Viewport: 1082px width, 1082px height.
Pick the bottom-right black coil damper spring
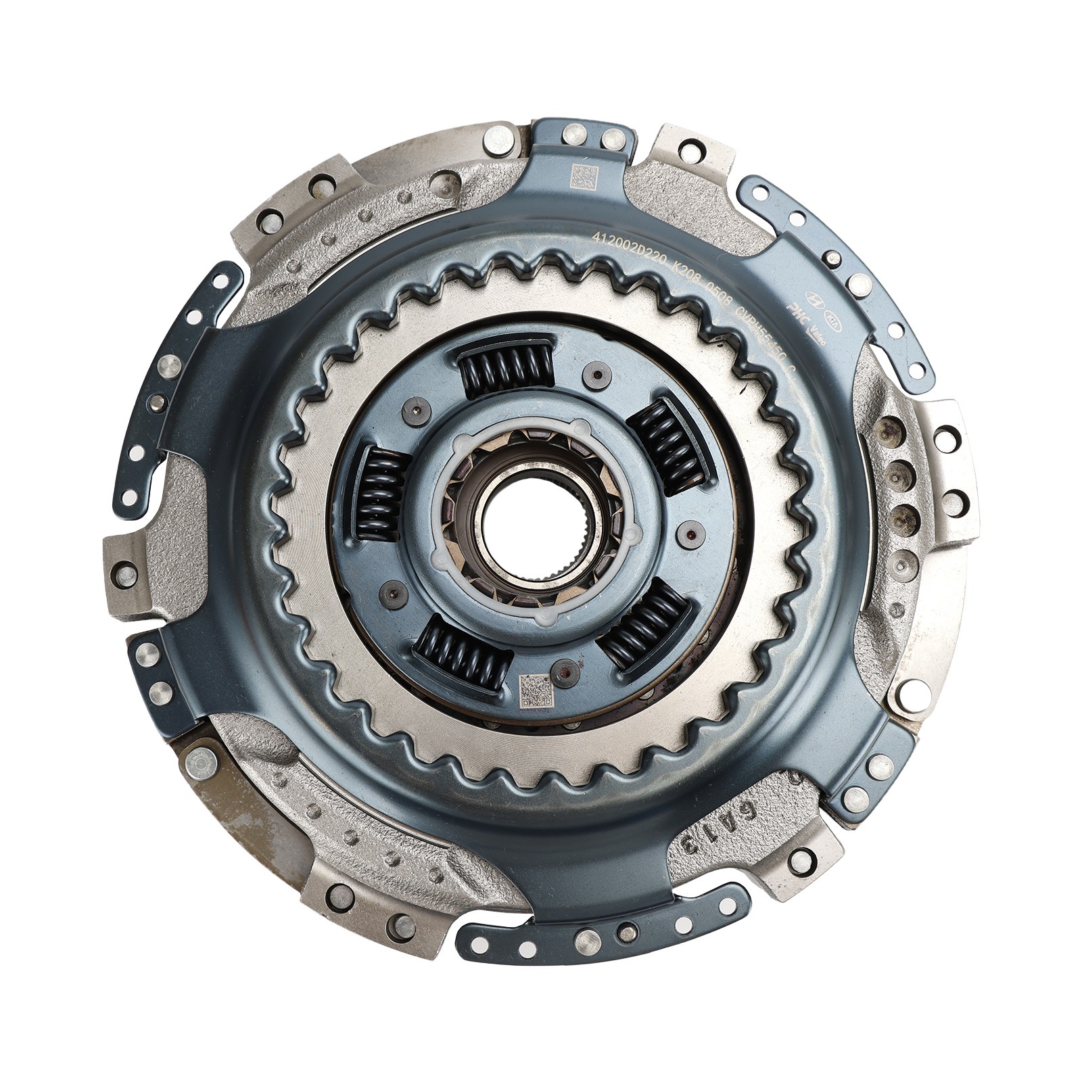click(x=641, y=623)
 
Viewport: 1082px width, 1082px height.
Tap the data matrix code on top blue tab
click(x=582, y=177)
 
